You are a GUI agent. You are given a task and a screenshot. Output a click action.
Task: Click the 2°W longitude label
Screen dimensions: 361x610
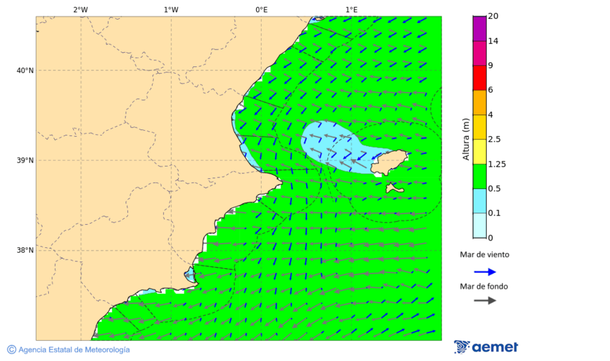point(80,9)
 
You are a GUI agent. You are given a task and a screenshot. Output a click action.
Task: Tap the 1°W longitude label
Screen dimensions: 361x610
point(171,9)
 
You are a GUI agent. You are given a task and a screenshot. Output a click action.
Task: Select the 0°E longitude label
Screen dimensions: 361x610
point(261,9)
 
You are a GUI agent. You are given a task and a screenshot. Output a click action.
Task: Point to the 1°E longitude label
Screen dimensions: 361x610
point(351,9)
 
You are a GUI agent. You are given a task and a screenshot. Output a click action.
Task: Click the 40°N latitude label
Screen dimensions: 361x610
point(25,70)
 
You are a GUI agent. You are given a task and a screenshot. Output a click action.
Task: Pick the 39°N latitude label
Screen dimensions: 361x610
point(25,161)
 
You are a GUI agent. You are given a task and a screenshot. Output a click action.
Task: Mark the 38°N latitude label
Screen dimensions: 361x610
point(25,251)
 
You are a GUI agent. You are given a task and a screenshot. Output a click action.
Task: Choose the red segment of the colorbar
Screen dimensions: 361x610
point(479,78)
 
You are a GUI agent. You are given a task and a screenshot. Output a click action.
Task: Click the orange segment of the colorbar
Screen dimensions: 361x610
point(479,102)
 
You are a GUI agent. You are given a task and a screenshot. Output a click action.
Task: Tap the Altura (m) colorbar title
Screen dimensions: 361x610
point(466,139)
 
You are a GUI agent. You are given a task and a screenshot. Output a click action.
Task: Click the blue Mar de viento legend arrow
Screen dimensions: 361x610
point(485,272)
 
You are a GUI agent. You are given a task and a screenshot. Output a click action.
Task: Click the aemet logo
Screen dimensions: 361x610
point(486,347)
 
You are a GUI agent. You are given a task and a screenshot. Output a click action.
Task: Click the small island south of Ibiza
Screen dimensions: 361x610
point(394,187)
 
